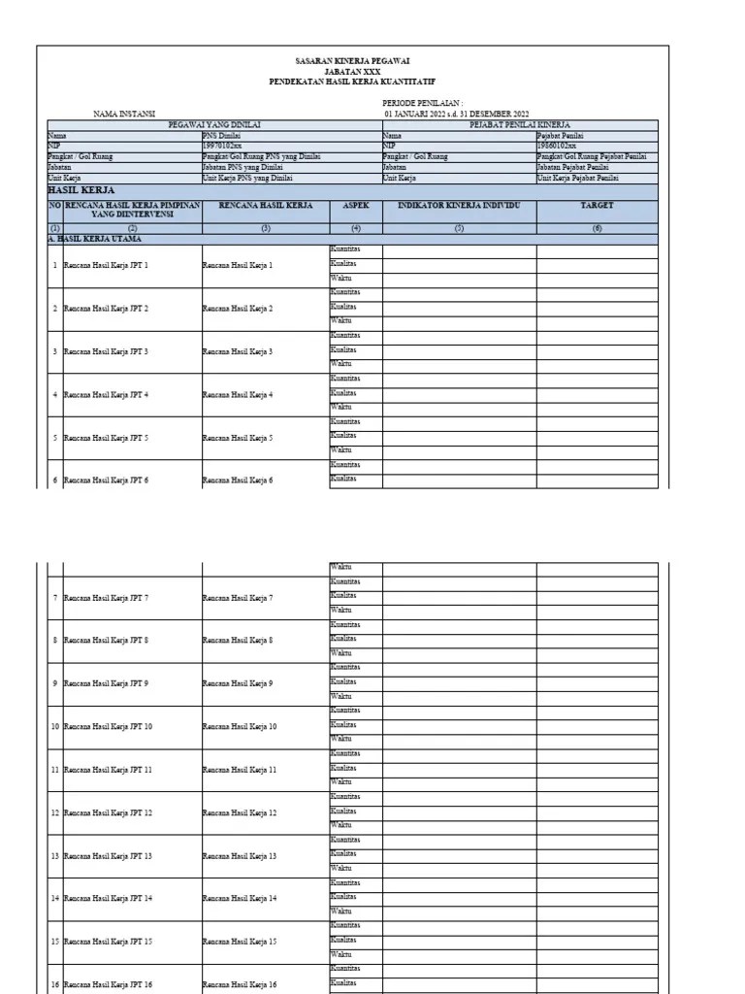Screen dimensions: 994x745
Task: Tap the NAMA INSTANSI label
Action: pyautogui.click(x=124, y=114)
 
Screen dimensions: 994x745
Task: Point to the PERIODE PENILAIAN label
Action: pyautogui.click(x=423, y=102)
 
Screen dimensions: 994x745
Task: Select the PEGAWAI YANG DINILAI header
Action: pyautogui.click(x=214, y=124)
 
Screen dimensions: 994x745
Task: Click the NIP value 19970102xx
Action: pyautogui.click(x=224, y=146)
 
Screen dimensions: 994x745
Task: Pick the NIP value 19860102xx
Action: pyautogui.click(x=557, y=146)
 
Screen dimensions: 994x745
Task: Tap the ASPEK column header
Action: pyautogui.click(x=355, y=206)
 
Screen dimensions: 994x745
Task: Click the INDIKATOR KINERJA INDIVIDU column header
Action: pyautogui.click(x=459, y=206)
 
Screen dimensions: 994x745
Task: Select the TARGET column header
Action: pyautogui.click(x=596, y=206)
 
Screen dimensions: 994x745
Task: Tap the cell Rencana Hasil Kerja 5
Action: pyautogui.click(x=238, y=437)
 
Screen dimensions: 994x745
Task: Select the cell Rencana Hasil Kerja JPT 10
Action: pyautogui.click(x=108, y=726)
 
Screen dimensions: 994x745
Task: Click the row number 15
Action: pyautogui.click(x=54, y=941)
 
